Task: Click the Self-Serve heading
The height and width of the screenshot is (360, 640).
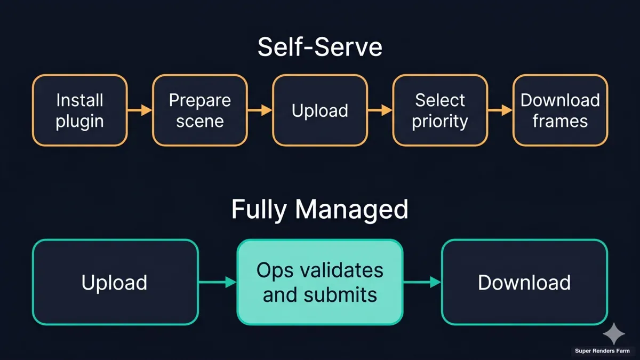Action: coord(319,47)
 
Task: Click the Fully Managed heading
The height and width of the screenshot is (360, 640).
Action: coord(319,210)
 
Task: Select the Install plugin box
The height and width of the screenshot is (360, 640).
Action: coord(79,110)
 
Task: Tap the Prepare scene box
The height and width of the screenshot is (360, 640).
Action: coord(200,110)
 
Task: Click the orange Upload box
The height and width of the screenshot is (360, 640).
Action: coord(320,110)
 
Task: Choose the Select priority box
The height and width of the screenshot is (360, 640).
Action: coord(440,110)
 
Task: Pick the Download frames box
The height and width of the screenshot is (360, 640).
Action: coord(560,110)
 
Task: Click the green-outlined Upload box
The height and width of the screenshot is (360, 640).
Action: coord(115,282)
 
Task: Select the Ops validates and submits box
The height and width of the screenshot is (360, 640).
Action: coord(320,282)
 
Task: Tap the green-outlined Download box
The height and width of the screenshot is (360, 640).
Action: coord(524,282)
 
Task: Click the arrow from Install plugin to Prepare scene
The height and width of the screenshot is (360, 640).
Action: coord(140,110)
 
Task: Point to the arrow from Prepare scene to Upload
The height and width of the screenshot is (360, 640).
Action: coord(260,110)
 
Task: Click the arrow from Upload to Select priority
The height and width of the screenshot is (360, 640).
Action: coord(380,110)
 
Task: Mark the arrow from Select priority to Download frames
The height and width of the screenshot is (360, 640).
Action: coord(500,110)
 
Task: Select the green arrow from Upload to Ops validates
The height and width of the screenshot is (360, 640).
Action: coord(218,282)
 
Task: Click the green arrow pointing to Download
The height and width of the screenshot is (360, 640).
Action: coord(422,282)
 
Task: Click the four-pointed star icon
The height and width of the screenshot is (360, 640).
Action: coord(614,333)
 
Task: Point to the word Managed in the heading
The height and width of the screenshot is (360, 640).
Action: coord(352,210)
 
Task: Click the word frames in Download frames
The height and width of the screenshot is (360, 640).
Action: coord(560,121)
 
